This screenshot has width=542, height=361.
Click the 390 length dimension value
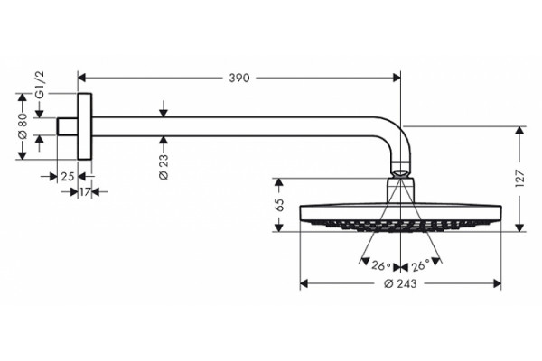pos(238,79)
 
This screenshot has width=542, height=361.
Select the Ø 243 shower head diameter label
pos(400,283)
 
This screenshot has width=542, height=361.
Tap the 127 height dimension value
pos(519,179)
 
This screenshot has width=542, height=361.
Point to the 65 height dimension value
pos(279,205)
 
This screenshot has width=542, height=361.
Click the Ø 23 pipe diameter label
pos(164,166)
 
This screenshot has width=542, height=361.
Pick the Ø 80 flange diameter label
pos(22,125)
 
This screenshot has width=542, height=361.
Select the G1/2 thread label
pos(40,85)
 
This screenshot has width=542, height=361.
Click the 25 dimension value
pos(68,177)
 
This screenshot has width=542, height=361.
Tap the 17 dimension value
pos(85,191)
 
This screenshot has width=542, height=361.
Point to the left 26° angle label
pos(381,266)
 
